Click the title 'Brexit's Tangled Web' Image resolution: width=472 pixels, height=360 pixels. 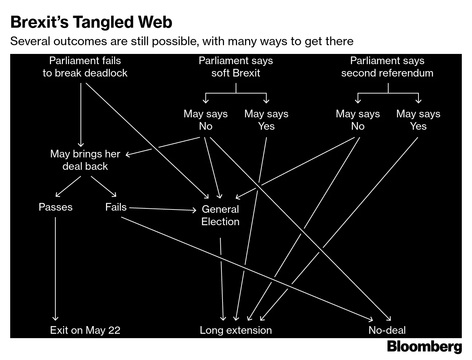tap(91, 22)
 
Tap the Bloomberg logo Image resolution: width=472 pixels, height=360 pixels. tap(424, 347)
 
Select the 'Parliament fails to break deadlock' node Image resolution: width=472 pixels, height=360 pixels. tap(85, 67)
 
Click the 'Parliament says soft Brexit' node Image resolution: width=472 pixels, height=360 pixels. tap(236, 67)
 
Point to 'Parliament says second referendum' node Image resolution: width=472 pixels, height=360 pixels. tap(387, 67)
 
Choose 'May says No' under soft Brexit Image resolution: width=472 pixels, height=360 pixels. tap(205, 120)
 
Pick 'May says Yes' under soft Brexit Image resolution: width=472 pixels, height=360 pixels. tap(266, 120)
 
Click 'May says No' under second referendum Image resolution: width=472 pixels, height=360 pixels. tap(358, 120)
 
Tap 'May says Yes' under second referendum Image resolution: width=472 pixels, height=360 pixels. tap(418, 120)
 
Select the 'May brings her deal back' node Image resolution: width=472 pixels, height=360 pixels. tap(85, 160)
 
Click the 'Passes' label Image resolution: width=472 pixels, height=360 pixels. tap(55, 207)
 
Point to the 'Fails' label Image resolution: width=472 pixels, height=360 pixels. tap(116, 207)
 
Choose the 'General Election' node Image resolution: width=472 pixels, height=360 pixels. tap(220, 215)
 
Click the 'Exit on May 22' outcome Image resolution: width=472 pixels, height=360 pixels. tap(85, 330)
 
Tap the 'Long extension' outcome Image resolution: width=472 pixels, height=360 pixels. tap(236, 330)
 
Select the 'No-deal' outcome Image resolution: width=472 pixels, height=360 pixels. tap(387, 330)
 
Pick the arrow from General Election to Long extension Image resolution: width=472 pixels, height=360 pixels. tap(222, 277)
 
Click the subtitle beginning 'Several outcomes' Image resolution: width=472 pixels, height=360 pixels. tap(182, 41)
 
